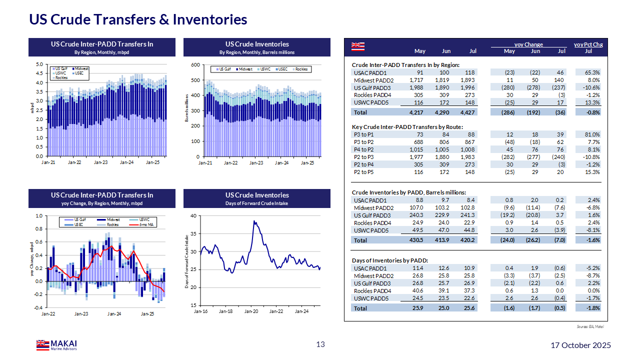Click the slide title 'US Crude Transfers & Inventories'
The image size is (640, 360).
138,19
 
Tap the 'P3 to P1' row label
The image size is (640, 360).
363,134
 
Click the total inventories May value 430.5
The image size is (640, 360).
416,240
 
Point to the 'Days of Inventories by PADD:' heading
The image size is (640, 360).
390,260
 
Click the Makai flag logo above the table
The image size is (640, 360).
358,46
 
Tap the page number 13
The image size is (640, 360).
320,344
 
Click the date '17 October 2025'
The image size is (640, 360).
580,345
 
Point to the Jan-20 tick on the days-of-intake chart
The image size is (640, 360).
251,311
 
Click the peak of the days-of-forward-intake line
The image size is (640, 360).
254,220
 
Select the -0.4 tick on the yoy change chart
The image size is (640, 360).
38,307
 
